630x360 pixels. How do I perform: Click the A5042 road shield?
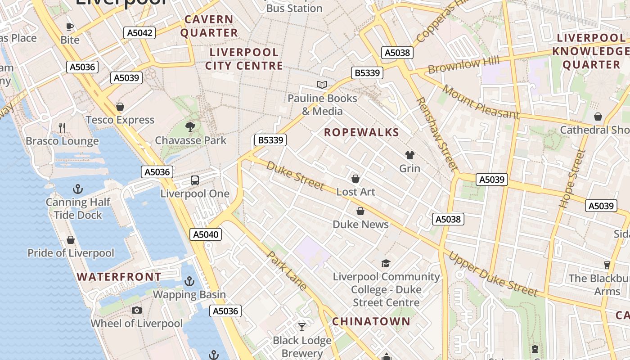click(x=139, y=32)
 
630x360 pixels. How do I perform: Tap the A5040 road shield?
click(x=206, y=234)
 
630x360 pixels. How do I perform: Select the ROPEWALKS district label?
click(x=361, y=132)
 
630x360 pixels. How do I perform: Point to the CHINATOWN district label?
click(x=371, y=321)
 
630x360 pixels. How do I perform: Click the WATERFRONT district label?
click(x=119, y=277)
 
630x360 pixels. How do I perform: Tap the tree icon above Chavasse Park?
click(x=190, y=127)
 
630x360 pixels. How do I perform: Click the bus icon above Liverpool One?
click(x=195, y=180)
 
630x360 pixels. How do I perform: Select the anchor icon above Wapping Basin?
click(x=189, y=281)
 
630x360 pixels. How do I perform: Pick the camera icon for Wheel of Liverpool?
click(x=137, y=310)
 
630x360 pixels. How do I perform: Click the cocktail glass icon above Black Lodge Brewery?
click(x=302, y=327)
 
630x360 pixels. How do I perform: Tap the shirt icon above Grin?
click(x=409, y=155)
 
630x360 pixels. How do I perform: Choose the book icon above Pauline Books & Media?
click(x=322, y=85)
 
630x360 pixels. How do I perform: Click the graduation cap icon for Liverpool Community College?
click(x=386, y=263)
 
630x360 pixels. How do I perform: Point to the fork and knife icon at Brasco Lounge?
click(x=62, y=128)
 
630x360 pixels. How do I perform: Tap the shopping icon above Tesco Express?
click(x=120, y=107)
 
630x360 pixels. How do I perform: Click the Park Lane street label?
click(x=287, y=270)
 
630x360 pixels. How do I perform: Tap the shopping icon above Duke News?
click(x=360, y=211)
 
